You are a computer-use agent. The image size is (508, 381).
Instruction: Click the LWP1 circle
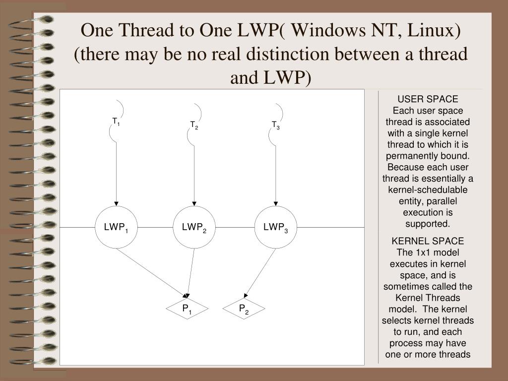116,227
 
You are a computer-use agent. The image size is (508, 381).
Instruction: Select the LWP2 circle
194,227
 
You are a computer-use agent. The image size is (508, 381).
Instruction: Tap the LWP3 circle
276,227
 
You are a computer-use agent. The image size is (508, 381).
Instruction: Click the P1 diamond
187,309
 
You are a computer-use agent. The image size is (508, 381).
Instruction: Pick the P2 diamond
244,309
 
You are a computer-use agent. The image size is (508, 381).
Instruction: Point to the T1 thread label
116,122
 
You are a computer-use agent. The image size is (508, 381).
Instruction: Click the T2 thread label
194,125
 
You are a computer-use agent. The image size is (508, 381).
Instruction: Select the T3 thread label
275,125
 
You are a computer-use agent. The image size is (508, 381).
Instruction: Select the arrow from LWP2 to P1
190,273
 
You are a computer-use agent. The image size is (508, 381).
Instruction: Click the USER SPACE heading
428,99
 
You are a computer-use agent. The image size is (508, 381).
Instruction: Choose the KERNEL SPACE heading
428,241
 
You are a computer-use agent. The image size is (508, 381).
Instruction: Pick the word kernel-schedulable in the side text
428,190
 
